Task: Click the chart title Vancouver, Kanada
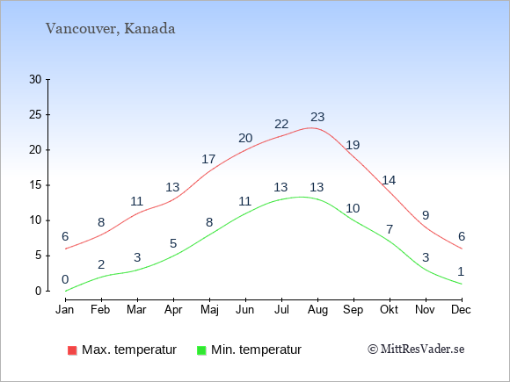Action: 110,29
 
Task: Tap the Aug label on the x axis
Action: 317,310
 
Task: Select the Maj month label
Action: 209,310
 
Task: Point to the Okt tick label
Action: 389,309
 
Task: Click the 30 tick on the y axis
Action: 35,79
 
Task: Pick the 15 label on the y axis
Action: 35,185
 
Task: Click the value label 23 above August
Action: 317,117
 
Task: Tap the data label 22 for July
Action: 281,124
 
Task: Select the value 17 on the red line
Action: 208,159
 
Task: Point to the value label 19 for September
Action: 353,145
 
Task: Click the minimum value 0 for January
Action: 65,279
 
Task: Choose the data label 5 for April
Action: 173,243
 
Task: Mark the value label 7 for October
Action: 390,229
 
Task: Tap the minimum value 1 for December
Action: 461,271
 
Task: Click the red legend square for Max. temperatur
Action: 72,350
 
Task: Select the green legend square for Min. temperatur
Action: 201,350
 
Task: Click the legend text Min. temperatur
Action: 256,350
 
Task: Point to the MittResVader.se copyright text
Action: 416,350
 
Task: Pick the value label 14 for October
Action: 389,180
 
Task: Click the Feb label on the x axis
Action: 100,310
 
